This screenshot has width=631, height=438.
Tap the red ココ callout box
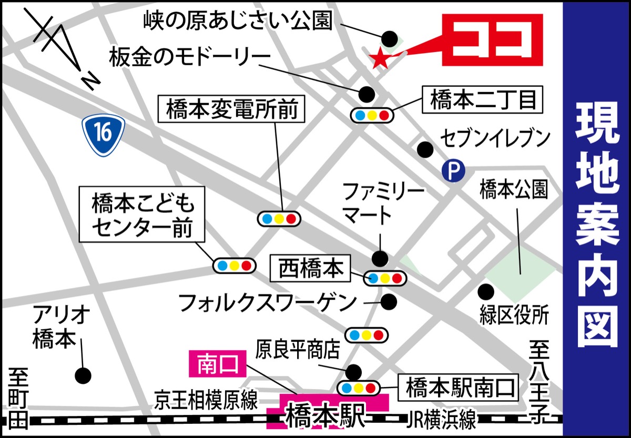[x=492, y=40]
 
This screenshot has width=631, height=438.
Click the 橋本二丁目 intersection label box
[x=483, y=100]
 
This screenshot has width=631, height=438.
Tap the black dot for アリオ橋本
[x=83, y=375]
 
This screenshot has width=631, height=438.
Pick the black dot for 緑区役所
[x=485, y=290]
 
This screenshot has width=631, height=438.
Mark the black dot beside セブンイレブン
[x=425, y=150]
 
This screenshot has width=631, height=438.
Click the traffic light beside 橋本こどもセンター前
[x=234, y=265]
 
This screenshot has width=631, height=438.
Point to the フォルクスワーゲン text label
[x=267, y=303]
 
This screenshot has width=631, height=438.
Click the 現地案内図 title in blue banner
[x=596, y=219]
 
